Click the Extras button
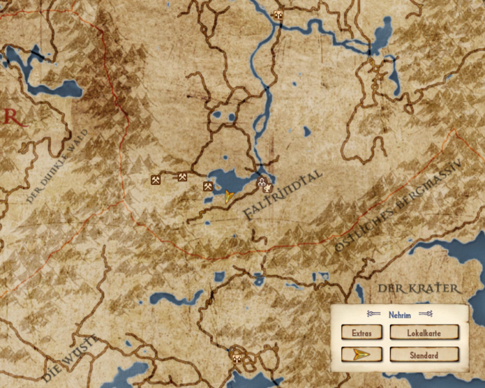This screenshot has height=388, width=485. click(x=361, y=332)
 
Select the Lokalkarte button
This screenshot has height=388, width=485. click(x=424, y=332)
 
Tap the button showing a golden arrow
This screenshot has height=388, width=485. click(x=361, y=355)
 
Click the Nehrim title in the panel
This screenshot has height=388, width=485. click(x=400, y=315)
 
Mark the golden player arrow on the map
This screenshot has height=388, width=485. click(x=229, y=196)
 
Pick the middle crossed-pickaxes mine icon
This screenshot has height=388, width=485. click(x=182, y=177)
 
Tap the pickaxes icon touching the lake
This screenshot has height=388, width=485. click(x=208, y=186)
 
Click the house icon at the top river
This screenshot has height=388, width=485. click(x=279, y=15)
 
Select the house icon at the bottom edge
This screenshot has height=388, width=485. click(x=237, y=358)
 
